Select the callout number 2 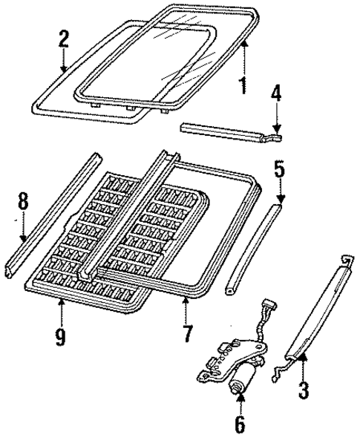pyautogui.click(x=64, y=39)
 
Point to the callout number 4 pyautogui.click(x=276, y=96)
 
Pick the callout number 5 pyautogui.click(x=280, y=168)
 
